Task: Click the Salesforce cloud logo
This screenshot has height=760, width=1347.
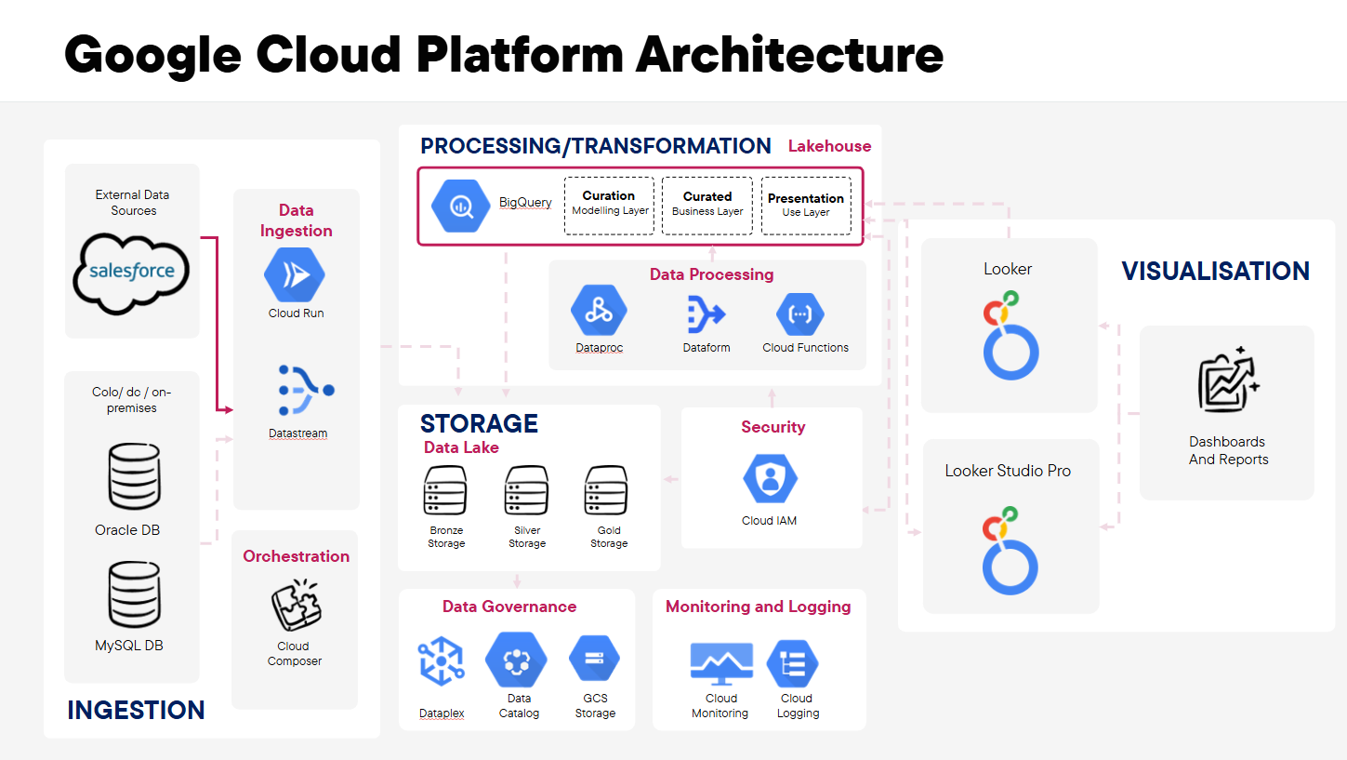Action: (x=132, y=271)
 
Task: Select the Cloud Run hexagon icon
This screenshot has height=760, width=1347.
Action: (x=296, y=274)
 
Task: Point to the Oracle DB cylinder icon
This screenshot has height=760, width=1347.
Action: (x=134, y=477)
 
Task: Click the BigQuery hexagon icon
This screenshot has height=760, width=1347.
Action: (x=460, y=205)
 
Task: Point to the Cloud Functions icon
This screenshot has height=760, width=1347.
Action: (x=800, y=313)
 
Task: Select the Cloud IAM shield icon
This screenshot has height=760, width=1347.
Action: (x=770, y=478)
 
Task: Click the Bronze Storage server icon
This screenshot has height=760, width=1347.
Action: (x=445, y=491)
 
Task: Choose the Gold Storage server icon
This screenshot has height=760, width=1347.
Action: (x=607, y=491)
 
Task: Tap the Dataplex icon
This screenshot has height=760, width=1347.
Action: (x=441, y=662)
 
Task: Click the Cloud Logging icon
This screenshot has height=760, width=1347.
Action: (x=792, y=663)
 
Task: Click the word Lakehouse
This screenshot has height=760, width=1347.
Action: (x=829, y=146)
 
